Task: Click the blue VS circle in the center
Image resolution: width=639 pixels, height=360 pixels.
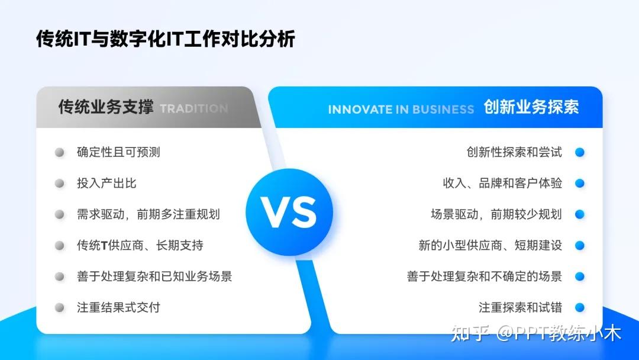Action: [289, 213]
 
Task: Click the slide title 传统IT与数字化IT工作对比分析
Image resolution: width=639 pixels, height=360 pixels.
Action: [165, 39]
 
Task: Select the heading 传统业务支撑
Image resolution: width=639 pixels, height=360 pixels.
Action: [105, 107]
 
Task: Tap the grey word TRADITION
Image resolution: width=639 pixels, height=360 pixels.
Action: [193, 109]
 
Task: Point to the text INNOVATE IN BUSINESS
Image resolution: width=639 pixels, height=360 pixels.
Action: [401, 110]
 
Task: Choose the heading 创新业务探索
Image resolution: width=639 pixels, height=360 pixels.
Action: [531, 107]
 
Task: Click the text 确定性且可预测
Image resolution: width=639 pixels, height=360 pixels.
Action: [118, 152]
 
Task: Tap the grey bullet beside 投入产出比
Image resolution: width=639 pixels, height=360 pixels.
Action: [60, 184]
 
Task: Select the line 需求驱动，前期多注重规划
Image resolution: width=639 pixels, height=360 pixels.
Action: [148, 214]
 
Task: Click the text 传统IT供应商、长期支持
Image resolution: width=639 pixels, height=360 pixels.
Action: [140, 245]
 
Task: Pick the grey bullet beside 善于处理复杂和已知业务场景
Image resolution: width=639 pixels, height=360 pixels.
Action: [60, 277]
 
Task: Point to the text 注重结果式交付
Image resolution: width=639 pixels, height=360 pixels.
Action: [118, 307]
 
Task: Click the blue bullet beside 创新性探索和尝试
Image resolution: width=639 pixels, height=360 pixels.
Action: [580, 152]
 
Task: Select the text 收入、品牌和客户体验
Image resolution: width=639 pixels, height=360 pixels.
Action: [502, 184]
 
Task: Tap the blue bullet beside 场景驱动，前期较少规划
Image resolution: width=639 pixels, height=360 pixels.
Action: [580, 214]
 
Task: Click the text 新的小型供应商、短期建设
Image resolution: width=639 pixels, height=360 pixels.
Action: [490, 245]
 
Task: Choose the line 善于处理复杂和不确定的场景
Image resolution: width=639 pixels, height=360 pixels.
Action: [484, 277]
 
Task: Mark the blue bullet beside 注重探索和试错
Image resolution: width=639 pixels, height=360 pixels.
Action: [580, 307]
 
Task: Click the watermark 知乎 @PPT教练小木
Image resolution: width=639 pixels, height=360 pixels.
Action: [536, 333]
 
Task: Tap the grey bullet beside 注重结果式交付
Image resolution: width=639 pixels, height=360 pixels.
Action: [60, 307]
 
